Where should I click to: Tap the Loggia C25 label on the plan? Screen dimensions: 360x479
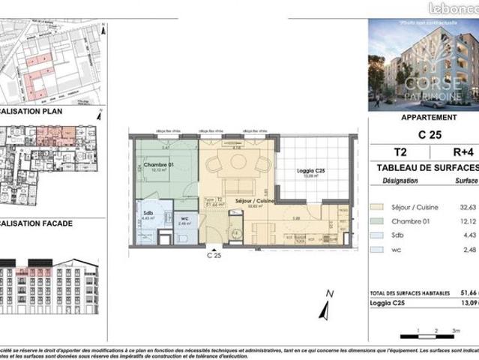[x=310, y=173]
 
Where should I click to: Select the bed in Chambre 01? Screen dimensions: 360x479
[x=157, y=177]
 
